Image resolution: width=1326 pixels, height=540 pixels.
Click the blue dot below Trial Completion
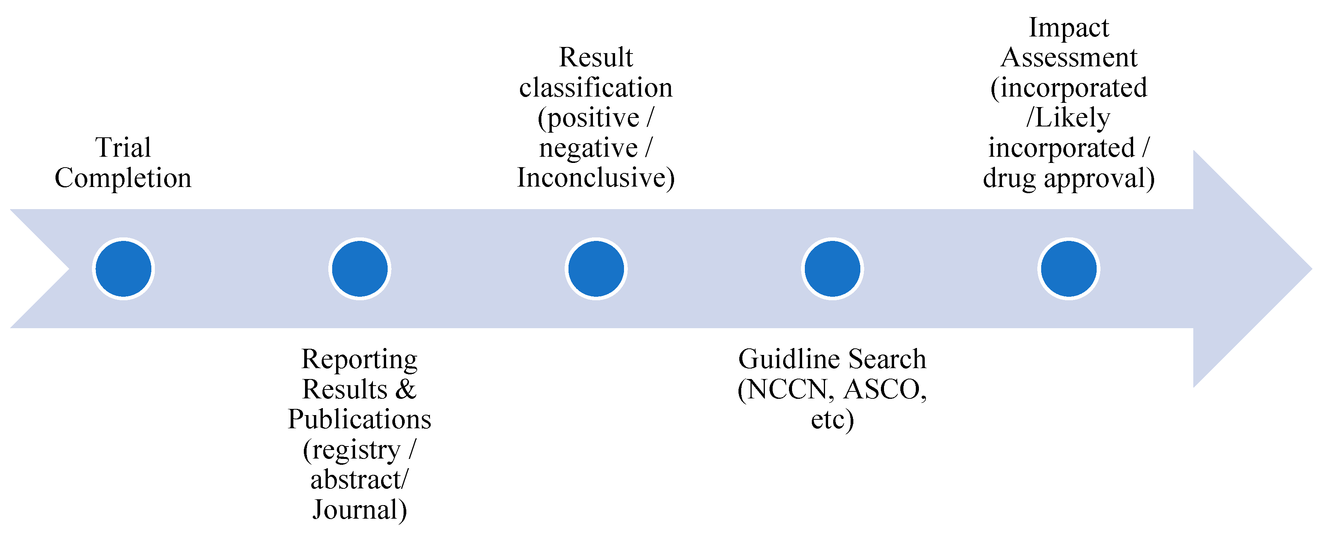tap(123, 269)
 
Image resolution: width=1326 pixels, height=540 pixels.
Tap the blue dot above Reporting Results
tap(360, 269)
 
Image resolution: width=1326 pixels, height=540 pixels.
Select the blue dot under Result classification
tap(596, 269)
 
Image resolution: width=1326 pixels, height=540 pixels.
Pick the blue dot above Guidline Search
tap(832, 269)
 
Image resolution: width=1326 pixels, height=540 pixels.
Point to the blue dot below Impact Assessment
tap(1069, 269)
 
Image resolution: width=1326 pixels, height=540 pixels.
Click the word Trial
tap(123, 148)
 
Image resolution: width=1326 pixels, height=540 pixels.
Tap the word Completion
tap(123, 178)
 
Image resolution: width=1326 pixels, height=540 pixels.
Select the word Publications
tap(359, 419)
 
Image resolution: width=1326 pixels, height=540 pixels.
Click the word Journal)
tap(359, 510)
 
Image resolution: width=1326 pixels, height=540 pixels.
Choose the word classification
tap(596, 88)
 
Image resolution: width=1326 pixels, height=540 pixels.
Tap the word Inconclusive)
tap(596, 178)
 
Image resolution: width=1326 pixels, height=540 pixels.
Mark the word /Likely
tap(1069, 118)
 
